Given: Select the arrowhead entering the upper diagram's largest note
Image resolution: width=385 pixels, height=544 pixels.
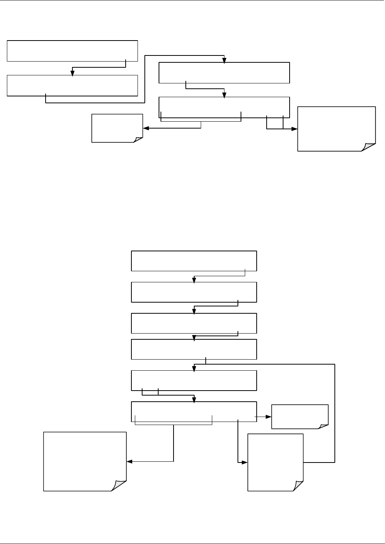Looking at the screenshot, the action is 295,129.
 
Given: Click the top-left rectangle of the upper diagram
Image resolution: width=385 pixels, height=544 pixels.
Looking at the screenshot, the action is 72,50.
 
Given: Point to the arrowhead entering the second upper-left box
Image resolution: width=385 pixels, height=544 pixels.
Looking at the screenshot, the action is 72,73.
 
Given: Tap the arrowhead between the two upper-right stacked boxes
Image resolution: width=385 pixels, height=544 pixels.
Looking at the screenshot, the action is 224,95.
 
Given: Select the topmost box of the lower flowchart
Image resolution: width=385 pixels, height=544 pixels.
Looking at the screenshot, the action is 194,261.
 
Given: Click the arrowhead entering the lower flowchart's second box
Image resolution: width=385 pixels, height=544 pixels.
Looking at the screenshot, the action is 194,280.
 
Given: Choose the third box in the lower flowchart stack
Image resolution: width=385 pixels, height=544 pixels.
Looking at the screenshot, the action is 194,323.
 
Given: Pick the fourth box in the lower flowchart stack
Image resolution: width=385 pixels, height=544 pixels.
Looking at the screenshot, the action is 194,349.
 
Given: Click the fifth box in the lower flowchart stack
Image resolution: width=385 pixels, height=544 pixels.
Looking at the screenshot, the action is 194,380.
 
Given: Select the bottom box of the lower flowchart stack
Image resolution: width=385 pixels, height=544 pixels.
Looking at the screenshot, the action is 194,412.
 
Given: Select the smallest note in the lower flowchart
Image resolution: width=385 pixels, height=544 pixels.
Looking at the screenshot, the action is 300,416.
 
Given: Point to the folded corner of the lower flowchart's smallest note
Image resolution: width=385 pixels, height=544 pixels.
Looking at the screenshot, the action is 324,425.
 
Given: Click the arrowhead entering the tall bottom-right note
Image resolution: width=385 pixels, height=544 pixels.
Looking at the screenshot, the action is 245,462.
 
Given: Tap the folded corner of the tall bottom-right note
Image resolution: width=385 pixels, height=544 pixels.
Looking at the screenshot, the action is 298,486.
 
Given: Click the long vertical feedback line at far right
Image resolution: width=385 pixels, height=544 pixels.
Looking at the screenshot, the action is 335,413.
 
